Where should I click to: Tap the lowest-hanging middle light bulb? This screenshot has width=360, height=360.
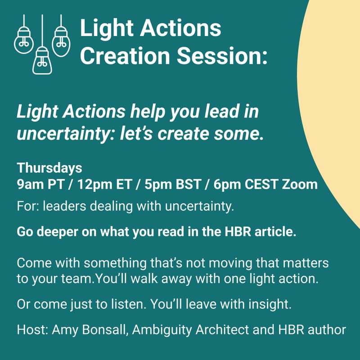click(42, 62)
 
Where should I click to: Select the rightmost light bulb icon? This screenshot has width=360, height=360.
click(61, 40)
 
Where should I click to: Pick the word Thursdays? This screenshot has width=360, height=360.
click(49, 168)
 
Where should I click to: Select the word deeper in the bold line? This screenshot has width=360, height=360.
click(55, 233)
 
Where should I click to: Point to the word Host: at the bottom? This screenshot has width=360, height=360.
click(33, 329)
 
